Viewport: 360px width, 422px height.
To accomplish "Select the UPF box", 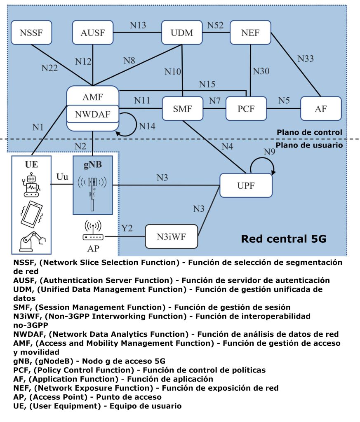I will coord(246,186).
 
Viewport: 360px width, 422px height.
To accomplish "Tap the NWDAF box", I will coord(93,114).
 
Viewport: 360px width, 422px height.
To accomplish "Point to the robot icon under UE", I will coord(31,184).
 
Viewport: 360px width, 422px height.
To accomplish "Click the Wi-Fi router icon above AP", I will coord(93,232).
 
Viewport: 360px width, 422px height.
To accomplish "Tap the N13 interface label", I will coord(138,25).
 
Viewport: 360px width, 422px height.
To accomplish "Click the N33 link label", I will coord(306,59).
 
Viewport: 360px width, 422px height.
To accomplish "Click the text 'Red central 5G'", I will coord(283,239).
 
